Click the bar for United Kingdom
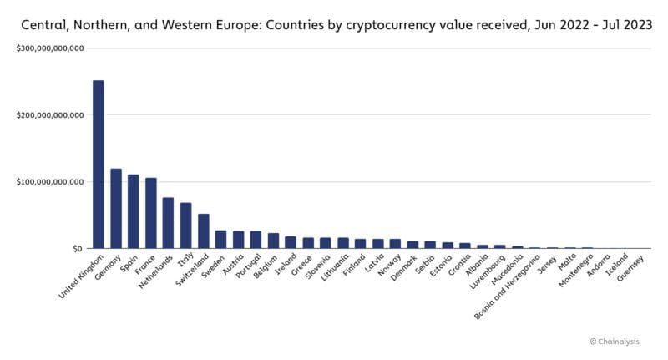pyautogui.click(x=99, y=165)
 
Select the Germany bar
pyautogui.click(x=116, y=209)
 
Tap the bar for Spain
pyautogui.click(x=134, y=211)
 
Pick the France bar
pyautogui.click(x=151, y=213)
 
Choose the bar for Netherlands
pyautogui.click(x=168, y=223)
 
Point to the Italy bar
pyautogui.click(x=185, y=226)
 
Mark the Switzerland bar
pyautogui.click(x=203, y=231)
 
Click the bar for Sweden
pyautogui.click(x=220, y=240)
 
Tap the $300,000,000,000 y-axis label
pyautogui.click(x=49, y=48)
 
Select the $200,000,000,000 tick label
pyautogui.click(x=49, y=115)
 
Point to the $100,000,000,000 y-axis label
pyautogui.click(x=49, y=182)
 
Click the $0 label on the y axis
pyautogui.click(x=78, y=249)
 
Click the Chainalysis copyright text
pyautogui.click(x=619, y=341)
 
